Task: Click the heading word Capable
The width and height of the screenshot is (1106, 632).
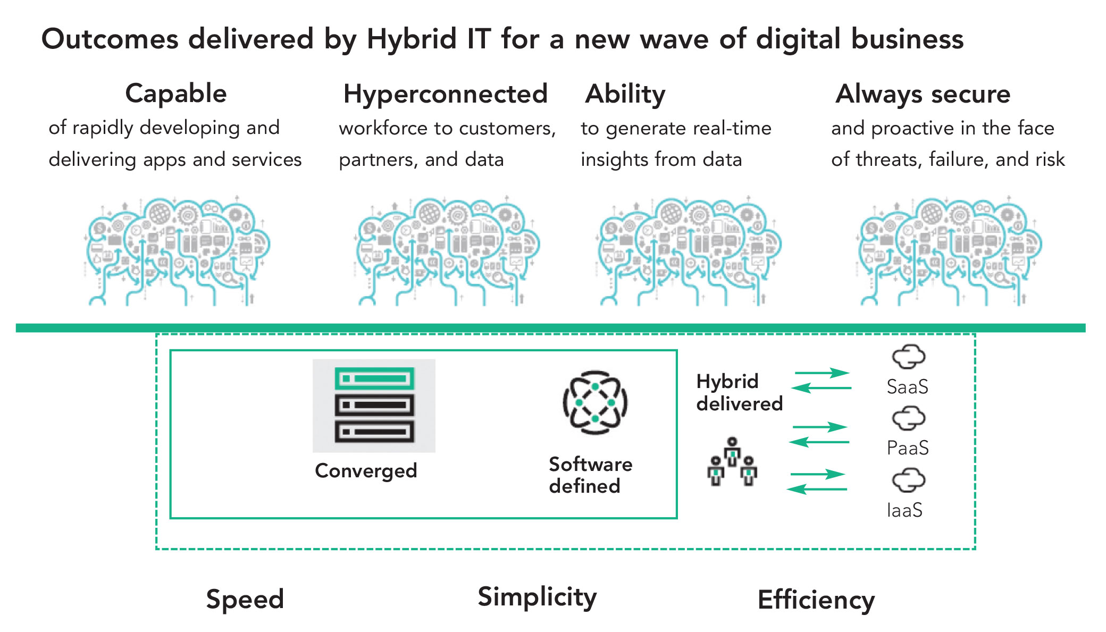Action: (x=176, y=94)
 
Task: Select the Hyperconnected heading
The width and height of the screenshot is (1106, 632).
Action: (x=445, y=94)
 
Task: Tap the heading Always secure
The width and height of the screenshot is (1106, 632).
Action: (x=923, y=94)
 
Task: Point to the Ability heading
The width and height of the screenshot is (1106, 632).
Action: (x=625, y=94)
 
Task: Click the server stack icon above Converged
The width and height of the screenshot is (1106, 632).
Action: (x=374, y=405)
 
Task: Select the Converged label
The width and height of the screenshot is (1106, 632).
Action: (x=366, y=470)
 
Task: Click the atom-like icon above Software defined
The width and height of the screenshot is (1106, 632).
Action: (x=595, y=402)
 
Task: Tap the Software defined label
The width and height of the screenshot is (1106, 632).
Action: (x=590, y=475)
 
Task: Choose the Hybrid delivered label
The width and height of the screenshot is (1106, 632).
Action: (x=739, y=392)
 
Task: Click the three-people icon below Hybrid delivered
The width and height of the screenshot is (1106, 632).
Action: (x=732, y=462)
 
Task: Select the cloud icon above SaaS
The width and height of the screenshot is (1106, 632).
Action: (x=908, y=357)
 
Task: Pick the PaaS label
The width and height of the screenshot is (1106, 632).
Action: (x=907, y=448)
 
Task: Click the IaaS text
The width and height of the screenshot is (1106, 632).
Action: (x=904, y=510)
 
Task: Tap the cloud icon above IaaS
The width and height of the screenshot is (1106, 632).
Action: (x=908, y=481)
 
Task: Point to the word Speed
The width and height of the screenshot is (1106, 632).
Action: (x=245, y=599)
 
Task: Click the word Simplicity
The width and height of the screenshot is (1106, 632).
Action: (x=537, y=597)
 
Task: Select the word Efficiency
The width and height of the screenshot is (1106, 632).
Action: (x=816, y=600)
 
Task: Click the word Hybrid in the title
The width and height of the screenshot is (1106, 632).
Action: (x=412, y=39)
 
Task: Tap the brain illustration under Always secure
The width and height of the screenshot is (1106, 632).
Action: (x=949, y=251)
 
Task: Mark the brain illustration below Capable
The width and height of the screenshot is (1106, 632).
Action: (x=177, y=251)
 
